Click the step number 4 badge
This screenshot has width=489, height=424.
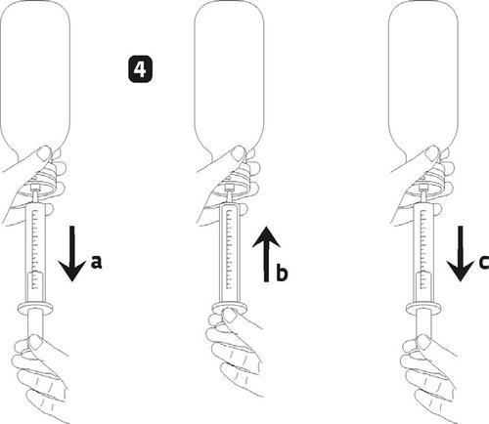[x=140, y=69]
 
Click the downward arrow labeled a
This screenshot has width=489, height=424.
[x=72, y=253]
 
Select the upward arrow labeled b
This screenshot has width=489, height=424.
[x=266, y=254]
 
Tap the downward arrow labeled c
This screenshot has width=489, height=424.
[x=460, y=253]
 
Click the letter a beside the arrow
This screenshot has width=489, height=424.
[x=96, y=262]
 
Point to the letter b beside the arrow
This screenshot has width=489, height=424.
[x=282, y=273]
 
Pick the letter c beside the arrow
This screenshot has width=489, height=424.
[x=484, y=262]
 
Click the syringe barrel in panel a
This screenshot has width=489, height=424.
[x=35, y=252]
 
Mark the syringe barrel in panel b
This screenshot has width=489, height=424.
[x=230, y=252]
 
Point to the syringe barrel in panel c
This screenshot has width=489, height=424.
[x=423, y=252]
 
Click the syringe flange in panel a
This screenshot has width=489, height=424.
[x=35, y=308]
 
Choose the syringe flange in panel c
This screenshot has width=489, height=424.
[x=423, y=308]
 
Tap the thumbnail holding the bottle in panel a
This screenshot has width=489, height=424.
[x=45, y=153]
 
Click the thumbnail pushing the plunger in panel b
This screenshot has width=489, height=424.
[x=230, y=316]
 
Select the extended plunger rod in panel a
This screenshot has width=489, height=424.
[x=35, y=324]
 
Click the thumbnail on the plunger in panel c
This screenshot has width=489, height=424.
[x=423, y=342]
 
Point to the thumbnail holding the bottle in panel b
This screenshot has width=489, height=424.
[x=239, y=153]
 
